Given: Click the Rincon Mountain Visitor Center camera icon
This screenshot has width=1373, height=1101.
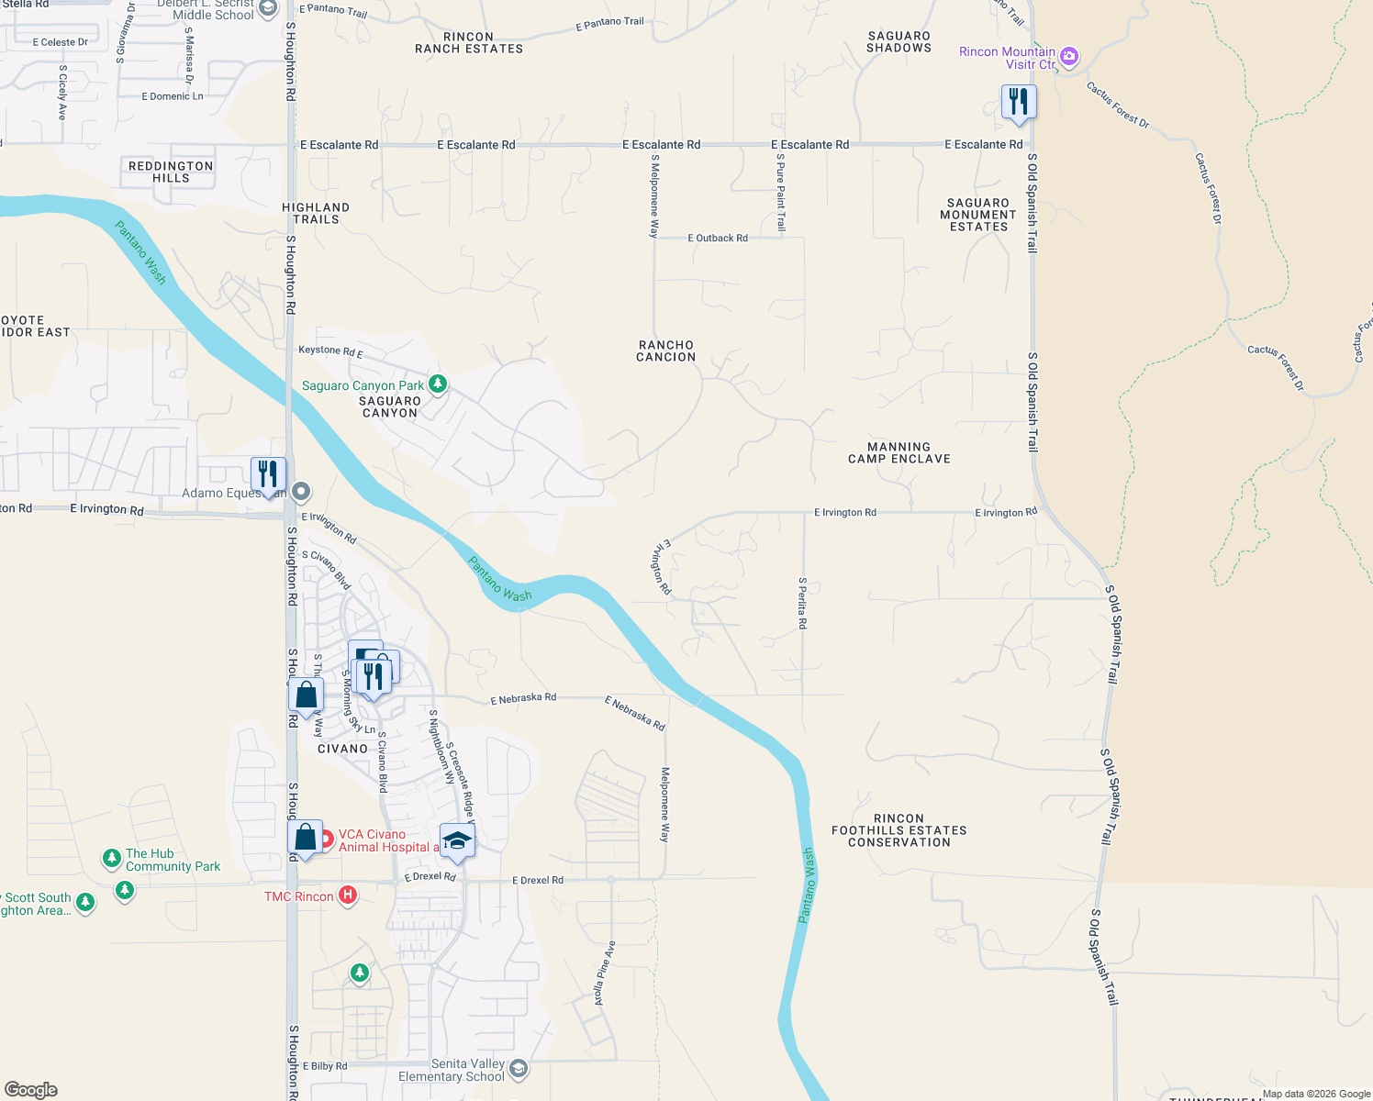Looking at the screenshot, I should point(1068,57).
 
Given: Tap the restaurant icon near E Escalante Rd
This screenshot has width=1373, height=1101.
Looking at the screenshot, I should point(1019,101).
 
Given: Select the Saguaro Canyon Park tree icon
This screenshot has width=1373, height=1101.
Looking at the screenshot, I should point(438,384).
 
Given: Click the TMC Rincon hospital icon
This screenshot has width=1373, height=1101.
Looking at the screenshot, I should point(348,895).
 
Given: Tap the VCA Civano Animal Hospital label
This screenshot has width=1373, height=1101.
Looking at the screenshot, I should point(384,840).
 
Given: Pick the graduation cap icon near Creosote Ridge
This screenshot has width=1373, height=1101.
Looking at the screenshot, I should point(457,840).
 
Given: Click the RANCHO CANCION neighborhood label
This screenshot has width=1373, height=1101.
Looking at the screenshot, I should point(666,351).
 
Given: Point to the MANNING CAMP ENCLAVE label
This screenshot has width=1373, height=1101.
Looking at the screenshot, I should point(899,453).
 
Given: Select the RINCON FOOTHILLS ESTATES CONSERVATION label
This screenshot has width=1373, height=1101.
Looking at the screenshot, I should point(899,830).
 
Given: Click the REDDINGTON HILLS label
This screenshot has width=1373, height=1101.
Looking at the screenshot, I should point(171,172).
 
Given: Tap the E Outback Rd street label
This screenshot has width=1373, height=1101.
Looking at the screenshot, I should point(718,238).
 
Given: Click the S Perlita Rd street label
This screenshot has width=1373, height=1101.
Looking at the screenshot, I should point(802,603).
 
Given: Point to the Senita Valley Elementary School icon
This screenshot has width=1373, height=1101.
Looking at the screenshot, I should point(519,1068).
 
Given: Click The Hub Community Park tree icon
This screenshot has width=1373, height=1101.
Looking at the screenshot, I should point(111,858).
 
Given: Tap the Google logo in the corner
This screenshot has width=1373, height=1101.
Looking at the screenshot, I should point(31,1090).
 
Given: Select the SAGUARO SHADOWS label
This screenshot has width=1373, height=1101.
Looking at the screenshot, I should point(899,42).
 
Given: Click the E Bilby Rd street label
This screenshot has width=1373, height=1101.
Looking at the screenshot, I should point(325,1066).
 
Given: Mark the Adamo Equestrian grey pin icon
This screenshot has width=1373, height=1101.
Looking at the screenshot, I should point(301,492).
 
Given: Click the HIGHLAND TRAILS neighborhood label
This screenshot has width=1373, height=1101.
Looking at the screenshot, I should point(316,214).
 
